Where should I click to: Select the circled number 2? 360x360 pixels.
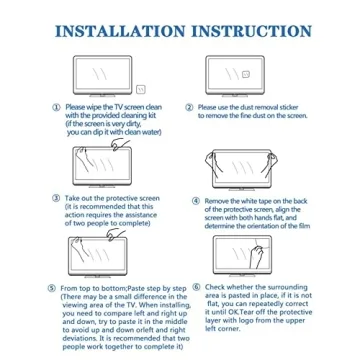tap(190, 106)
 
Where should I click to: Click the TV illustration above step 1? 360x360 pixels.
tap(99, 73)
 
